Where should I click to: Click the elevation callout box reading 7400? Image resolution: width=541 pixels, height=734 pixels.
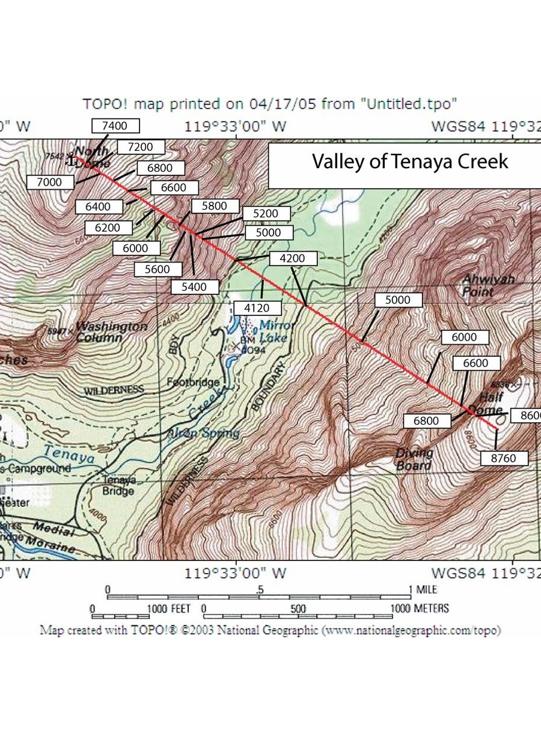click(x=115, y=126)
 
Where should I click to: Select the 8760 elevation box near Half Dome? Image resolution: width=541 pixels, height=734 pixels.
click(x=505, y=458)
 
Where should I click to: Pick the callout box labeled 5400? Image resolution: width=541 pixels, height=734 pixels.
click(x=195, y=287)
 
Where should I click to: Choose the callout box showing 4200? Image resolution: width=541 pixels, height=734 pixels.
click(x=292, y=259)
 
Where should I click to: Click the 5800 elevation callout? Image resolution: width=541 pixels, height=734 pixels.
click(x=215, y=206)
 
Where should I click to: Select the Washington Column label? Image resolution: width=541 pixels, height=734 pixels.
click(x=111, y=332)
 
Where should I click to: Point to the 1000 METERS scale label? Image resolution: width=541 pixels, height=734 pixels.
click(x=419, y=608)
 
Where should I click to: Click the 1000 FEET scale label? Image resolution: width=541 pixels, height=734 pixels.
click(x=168, y=608)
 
